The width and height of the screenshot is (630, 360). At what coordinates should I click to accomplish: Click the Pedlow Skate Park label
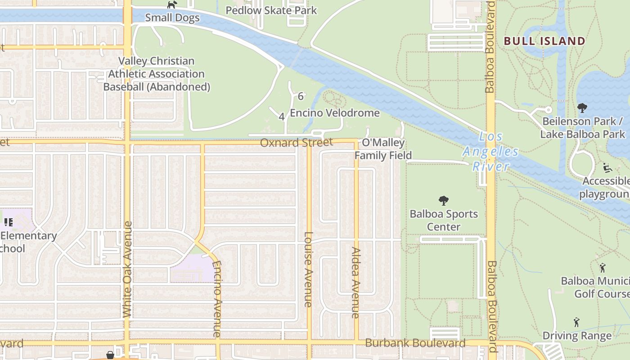point(271,10)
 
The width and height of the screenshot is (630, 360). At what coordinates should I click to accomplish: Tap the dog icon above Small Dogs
point(172,4)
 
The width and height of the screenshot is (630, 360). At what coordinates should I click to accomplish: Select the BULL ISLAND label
point(544,41)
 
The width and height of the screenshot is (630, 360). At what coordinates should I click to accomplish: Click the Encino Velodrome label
point(335,113)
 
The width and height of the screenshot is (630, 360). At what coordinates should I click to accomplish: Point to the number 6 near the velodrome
point(301,96)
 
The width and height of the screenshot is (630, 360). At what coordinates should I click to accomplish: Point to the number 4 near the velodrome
point(282,117)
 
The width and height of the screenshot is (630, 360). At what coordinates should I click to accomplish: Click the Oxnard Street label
point(297,143)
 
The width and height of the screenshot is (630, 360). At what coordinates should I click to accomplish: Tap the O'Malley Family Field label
point(383,149)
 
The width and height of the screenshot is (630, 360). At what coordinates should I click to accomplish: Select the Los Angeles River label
point(490,151)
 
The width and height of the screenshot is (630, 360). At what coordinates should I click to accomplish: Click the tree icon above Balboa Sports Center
point(444,200)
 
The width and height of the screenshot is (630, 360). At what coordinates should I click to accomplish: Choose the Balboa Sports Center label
point(444,220)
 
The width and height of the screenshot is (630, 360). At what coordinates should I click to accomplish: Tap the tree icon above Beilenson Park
point(582,108)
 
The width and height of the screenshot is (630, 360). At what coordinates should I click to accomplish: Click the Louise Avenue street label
point(308,269)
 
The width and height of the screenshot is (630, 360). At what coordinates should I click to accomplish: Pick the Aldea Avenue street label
point(356,283)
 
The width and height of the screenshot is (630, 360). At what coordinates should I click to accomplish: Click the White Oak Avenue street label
point(127,269)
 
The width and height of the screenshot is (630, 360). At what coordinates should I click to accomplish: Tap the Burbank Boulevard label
point(415,343)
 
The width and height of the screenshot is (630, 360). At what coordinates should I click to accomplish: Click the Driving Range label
point(577,336)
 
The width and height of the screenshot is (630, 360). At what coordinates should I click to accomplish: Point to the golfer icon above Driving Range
point(576,322)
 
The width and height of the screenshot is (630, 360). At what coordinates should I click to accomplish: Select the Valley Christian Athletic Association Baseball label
point(157,74)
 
